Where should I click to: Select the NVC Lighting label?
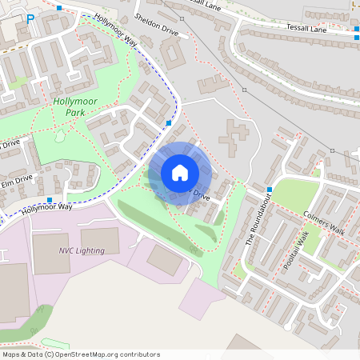[81, 250]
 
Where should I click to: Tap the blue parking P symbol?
[30, 18]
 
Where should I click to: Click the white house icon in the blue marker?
[180, 173]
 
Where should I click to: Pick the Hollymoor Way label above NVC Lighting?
[46, 207]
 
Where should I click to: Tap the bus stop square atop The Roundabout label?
[270, 190]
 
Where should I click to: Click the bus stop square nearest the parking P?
[60, 8]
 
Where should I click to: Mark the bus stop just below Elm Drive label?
[50, 200]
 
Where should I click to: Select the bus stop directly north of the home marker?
[168, 123]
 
